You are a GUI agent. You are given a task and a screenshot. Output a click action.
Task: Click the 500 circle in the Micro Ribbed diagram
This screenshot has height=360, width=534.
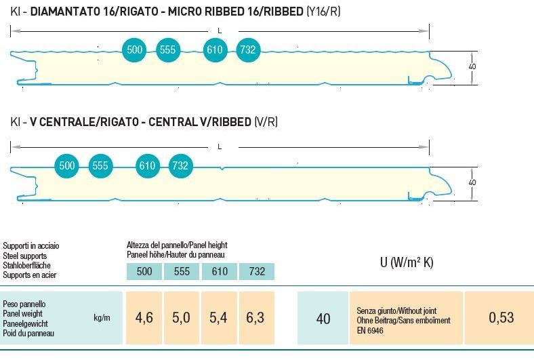135,49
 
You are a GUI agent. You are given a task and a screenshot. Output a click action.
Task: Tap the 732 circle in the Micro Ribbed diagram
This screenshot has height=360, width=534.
248,49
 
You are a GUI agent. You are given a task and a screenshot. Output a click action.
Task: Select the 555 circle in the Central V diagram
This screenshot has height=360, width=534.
100,165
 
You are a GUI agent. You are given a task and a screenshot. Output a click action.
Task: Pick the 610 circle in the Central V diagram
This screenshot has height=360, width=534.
147,165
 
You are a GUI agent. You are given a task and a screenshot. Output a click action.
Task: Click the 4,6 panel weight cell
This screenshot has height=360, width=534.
144,317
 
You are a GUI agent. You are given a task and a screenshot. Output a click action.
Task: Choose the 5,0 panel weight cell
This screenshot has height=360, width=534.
181,317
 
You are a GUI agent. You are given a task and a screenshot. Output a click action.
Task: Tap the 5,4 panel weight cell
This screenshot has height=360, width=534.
218,317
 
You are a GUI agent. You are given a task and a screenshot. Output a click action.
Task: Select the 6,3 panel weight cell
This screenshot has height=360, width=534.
255,317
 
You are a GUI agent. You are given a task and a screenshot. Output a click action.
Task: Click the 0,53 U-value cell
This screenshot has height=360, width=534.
501,317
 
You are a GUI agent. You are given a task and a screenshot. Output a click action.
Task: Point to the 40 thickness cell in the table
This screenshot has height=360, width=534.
323,318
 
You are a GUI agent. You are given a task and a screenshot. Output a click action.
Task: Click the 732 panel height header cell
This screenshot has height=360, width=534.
257,272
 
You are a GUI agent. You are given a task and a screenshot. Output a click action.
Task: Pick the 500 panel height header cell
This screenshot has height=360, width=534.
144,272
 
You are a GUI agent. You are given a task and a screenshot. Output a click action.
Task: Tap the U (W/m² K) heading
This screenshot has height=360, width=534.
406,262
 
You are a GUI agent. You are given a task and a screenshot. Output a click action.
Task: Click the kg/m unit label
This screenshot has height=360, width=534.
102,318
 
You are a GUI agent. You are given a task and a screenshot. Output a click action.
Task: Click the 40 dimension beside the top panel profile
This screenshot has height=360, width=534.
472,66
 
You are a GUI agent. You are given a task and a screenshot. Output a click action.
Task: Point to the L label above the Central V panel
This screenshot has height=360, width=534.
220,146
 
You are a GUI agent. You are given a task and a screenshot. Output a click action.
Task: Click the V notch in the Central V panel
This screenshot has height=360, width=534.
222,167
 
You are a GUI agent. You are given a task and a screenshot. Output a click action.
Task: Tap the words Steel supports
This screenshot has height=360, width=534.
25,256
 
